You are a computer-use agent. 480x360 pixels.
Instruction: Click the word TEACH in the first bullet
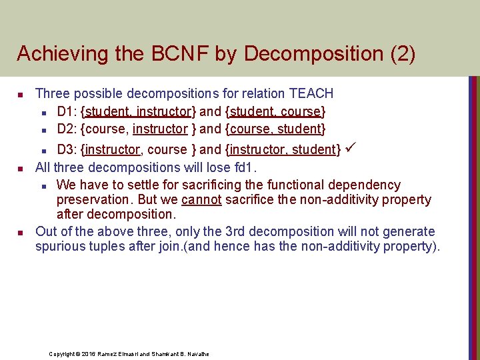pyautogui.click(x=311, y=94)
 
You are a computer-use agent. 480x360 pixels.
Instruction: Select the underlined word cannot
pyautogui.click(x=201, y=199)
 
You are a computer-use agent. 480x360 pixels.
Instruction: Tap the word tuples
pyautogui.click(x=109, y=246)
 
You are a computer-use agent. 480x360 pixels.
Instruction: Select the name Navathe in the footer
pyautogui.click(x=197, y=354)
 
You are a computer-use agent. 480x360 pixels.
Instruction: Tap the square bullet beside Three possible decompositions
pyautogui.click(x=21, y=95)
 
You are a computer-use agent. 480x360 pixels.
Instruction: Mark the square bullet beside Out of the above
pyautogui.click(x=21, y=232)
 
